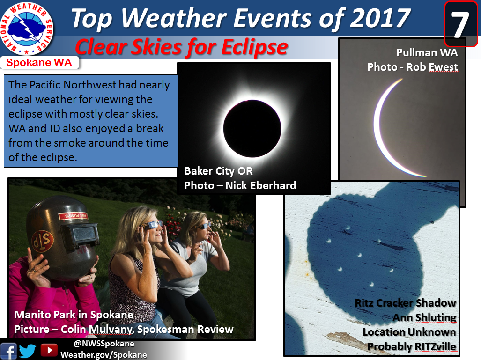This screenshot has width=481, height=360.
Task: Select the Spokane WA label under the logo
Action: pyautogui.click(x=39, y=63)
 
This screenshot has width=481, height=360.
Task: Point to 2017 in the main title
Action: pyautogui.click(x=380, y=18)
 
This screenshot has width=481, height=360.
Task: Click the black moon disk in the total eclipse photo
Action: pyautogui.click(x=252, y=128)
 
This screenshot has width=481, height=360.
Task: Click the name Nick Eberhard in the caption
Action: pyautogui.click(x=261, y=185)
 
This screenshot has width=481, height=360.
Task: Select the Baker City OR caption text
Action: pyautogui.click(x=218, y=171)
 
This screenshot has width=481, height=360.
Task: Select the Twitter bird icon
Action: pyautogui.click(x=28, y=351)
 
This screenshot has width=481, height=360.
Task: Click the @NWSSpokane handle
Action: pyautogui.click(x=104, y=344)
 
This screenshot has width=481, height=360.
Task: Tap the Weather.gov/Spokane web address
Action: pyautogui.click(x=104, y=355)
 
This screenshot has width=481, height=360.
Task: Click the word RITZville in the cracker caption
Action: pyautogui.click(x=435, y=346)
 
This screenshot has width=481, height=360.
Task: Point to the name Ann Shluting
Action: pyautogui.click(x=424, y=317)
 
